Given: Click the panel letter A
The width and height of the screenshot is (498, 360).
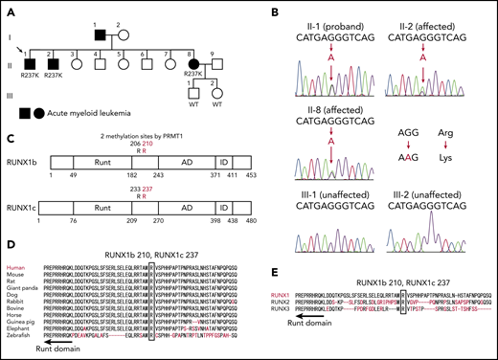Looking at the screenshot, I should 9,10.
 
